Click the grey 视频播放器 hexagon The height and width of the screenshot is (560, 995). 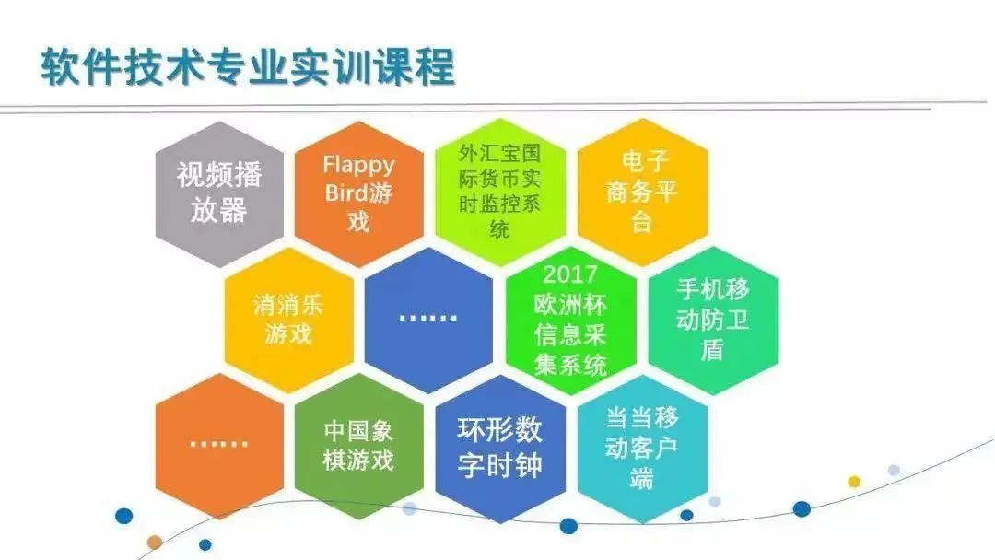pos(219,193)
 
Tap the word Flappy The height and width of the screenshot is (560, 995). pos(358,166)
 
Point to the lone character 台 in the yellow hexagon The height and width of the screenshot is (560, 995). pos(642,222)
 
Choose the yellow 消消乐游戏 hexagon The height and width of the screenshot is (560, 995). pos(288,319)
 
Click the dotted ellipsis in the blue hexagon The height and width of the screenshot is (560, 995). pos(428,317)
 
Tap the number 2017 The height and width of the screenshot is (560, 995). pos(570,274)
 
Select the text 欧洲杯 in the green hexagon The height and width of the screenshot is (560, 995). pos(570,305)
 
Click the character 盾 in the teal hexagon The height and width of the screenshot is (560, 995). pos(712,349)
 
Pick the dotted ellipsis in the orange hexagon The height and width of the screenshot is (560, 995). pos(218,443)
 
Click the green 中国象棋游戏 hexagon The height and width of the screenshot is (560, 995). pos(358,445)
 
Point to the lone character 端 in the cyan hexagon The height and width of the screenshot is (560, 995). pos(642,478)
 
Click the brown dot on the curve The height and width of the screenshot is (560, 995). pos(154,542)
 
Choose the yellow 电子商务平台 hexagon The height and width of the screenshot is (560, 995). pos(642,192)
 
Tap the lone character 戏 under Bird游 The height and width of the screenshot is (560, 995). pos(358,222)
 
